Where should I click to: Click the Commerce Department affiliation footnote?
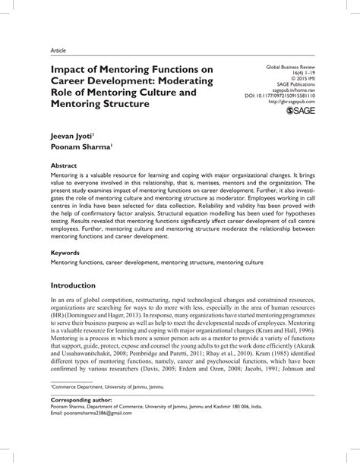point(108,408)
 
